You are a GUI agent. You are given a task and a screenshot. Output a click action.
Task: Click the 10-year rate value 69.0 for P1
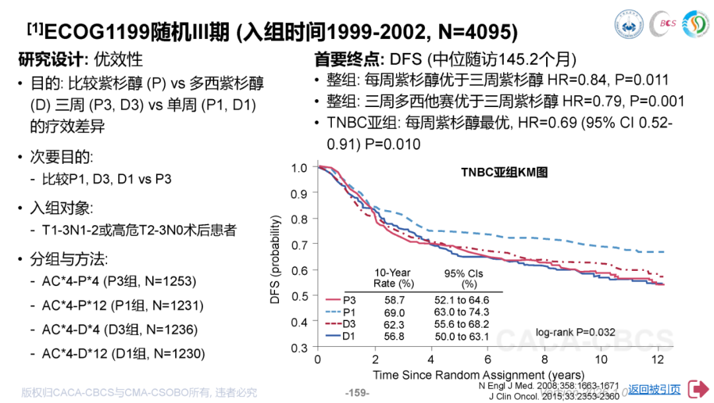click(x=395, y=312)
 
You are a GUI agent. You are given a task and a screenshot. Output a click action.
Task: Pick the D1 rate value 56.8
click(x=395, y=337)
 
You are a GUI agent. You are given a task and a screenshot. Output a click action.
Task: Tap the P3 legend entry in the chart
click(x=342, y=299)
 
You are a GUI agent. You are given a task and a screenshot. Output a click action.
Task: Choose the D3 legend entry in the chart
click(x=342, y=324)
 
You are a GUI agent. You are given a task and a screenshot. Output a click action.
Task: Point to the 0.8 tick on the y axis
click(x=299, y=219)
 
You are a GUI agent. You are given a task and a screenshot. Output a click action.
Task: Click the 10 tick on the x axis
click(x=601, y=359)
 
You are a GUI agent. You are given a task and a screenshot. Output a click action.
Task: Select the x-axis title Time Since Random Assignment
click(x=478, y=375)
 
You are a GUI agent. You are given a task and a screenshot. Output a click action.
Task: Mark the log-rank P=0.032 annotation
click(x=575, y=332)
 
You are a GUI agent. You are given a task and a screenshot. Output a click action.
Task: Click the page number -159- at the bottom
click(x=358, y=392)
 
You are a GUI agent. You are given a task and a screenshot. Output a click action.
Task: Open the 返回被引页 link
click(x=654, y=390)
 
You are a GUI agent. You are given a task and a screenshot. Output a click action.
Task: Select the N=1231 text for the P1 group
click(x=178, y=305)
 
